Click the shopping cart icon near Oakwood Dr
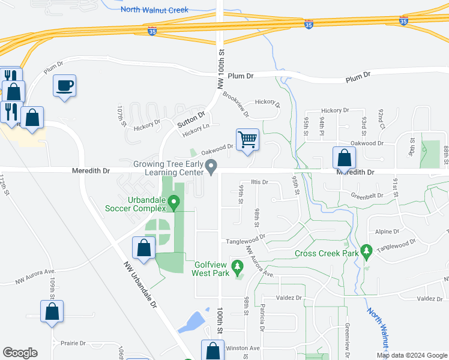247,140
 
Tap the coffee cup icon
64,86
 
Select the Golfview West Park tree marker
238,265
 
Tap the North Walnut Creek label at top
154,10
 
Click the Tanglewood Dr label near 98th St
246,241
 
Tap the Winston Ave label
243,348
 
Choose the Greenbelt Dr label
367,195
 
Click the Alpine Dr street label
387,231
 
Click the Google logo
20,353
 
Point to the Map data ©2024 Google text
411,355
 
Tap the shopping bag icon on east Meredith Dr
345,158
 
